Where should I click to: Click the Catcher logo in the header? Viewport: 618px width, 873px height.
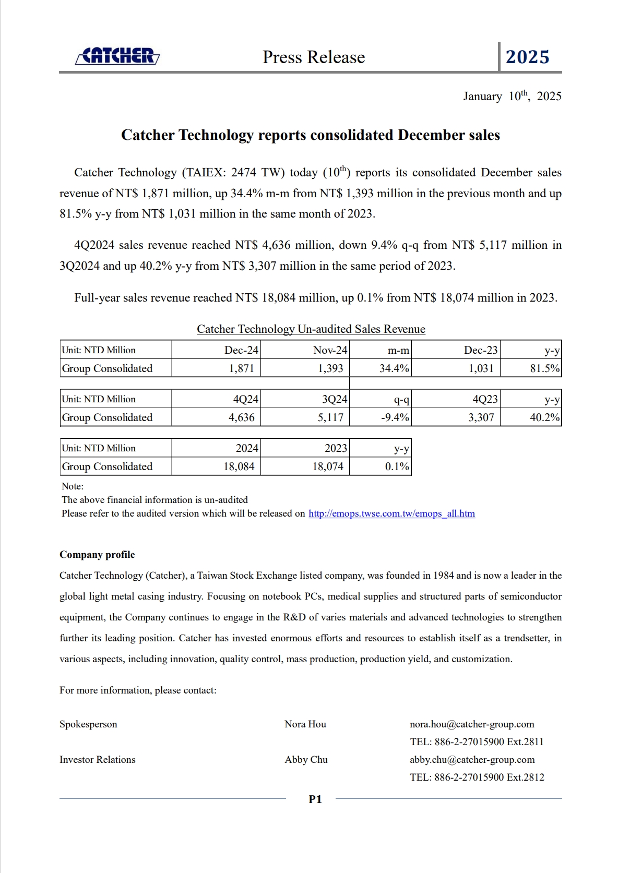(117, 56)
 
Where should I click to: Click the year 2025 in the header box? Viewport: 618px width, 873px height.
(527, 57)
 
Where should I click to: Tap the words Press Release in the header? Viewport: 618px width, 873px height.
(314, 57)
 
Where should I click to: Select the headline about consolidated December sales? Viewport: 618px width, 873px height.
(310, 135)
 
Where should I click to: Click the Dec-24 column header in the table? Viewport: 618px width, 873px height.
(241, 350)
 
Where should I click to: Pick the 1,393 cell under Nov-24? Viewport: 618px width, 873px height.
(330, 368)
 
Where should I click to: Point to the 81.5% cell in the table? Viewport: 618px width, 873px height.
(544, 368)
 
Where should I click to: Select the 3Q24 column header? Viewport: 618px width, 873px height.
(334, 399)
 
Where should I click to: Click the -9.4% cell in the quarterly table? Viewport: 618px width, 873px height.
(395, 417)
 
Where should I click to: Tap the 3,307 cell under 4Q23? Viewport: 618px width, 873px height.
(481, 417)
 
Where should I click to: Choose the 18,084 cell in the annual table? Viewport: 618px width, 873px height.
(239, 467)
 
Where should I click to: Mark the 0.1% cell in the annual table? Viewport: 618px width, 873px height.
(397, 467)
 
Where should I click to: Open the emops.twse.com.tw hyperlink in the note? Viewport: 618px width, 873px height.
(391, 513)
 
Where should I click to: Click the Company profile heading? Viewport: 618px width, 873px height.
(97, 555)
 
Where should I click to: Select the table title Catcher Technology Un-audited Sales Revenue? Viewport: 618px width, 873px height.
(311, 329)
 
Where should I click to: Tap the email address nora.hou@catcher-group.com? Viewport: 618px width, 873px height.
(472, 724)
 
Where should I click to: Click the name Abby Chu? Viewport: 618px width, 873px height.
(306, 760)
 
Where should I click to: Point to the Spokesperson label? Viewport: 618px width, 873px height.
(88, 724)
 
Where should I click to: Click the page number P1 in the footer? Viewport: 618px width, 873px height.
(315, 799)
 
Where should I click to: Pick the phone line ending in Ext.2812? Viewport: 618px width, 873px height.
(477, 778)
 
